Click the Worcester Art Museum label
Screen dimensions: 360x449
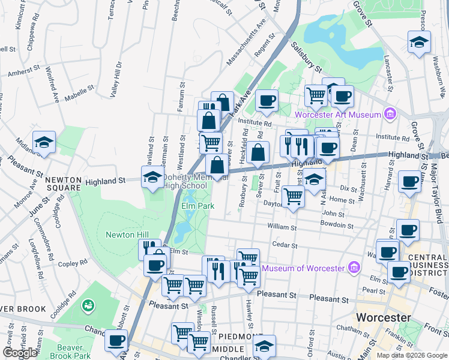click(339, 115)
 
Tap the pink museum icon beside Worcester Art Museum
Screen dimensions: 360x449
click(390, 114)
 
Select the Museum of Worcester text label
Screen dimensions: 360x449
click(305, 268)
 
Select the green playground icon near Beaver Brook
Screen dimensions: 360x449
click(89, 307)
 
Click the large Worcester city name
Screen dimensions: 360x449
click(384, 317)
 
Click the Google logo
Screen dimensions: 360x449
click(20, 353)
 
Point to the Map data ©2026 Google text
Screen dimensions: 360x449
click(411, 355)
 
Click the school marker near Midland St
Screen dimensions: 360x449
click(44, 142)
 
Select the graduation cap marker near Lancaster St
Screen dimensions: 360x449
click(419, 42)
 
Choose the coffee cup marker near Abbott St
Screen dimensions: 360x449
click(116, 340)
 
